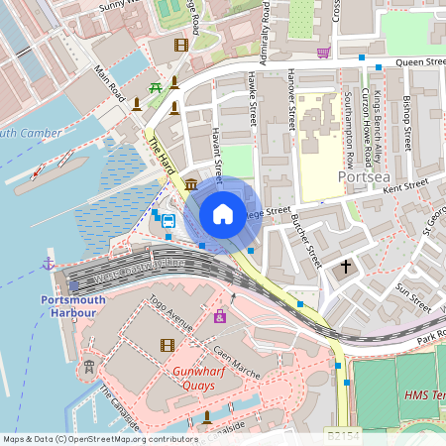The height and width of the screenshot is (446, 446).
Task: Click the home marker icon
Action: [223, 214]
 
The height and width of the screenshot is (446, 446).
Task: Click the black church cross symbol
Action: [346, 267]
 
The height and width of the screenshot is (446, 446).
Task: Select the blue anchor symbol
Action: [48, 264]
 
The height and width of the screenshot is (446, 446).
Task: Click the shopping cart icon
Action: [323, 52]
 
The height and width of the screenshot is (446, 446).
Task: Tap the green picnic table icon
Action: [156, 90]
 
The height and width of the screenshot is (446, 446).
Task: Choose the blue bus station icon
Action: [168, 221]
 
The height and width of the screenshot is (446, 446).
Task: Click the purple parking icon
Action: [219, 316]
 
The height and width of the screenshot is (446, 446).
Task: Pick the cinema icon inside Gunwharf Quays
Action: [167, 345]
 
